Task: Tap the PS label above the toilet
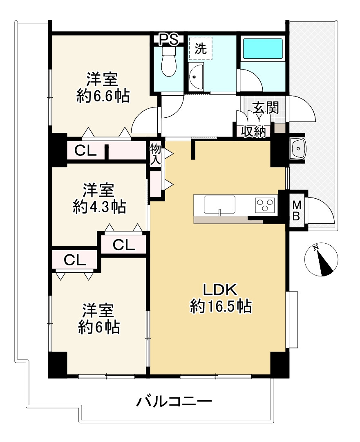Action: pyautogui.click(x=168, y=40)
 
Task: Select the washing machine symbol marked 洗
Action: pyautogui.click(x=201, y=49)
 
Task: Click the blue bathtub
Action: pyautogui.click(x=263, y=49)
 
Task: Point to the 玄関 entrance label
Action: pyautogui.click(x=266, y=108)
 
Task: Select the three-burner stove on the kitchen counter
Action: pyautogui.click(x=264, y=205)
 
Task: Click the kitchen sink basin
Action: pyautogui.click(x=220, y=205)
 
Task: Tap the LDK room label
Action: pyautogui.click(x=219, y=290)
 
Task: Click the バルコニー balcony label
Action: pyautogui.click(x=174, y=402)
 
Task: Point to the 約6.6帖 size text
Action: pyautogui.click(x=103, y=96)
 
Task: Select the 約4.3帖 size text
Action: pyautogui.click(x=99, y=206)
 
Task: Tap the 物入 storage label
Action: pyautogui.click(x=156, y=154)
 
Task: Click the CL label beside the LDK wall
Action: pyautogui.click(x=124, y=245)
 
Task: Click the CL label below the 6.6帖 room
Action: pyautogui.click(x=85, y=151)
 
